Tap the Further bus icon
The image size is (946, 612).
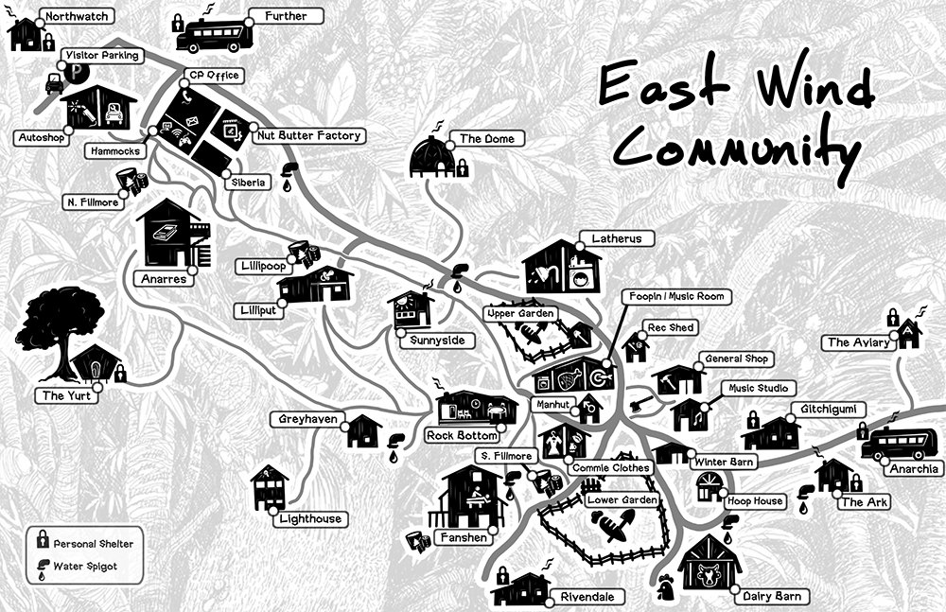coord(214,35)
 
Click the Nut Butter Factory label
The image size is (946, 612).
coord(309,136)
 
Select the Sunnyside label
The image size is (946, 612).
coord(437,341)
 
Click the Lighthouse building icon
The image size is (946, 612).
coord(269,487)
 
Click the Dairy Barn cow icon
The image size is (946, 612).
coord(709,568)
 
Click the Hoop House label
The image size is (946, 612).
coord(755,500)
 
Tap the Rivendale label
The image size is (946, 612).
coord(587,597)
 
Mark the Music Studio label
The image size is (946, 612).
coord(757,389)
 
